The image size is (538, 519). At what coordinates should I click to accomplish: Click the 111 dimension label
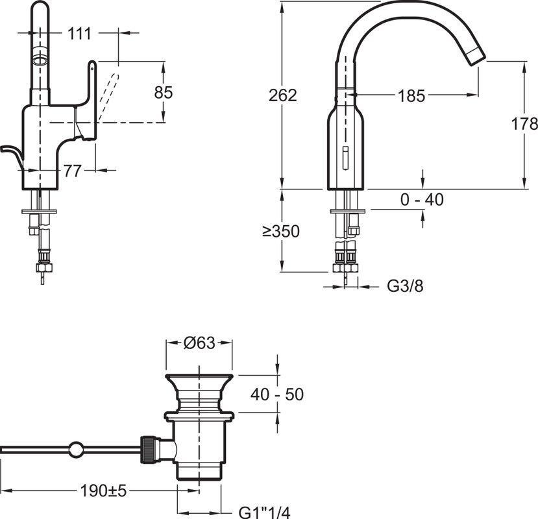(x=80, y=34)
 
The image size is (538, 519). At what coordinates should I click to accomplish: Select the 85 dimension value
(x=164, y=92)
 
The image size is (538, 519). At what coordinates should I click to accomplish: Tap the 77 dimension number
(x=73, y=171)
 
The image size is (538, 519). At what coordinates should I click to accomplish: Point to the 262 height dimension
(x=283, y=95)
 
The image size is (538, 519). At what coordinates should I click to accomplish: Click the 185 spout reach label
(x=411, y=96)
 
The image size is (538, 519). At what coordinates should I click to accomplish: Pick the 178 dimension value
(x=524, y=123)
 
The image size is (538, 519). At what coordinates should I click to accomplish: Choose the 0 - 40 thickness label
(x=422, y=199)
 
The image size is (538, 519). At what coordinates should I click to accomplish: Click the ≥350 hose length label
(x=281, y=231)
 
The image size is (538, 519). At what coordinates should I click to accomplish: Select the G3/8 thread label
(x=405, y=285)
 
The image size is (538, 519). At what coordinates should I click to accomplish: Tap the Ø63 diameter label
(x=199, y=343)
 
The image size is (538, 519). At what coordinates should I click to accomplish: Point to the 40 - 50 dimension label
(x=277, y=394)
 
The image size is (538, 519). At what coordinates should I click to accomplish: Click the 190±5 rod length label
(x=103, y=490)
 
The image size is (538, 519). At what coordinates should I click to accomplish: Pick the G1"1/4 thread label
(x=265, y=513)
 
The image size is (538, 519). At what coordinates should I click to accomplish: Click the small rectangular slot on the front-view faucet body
(x=345, y=158)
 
